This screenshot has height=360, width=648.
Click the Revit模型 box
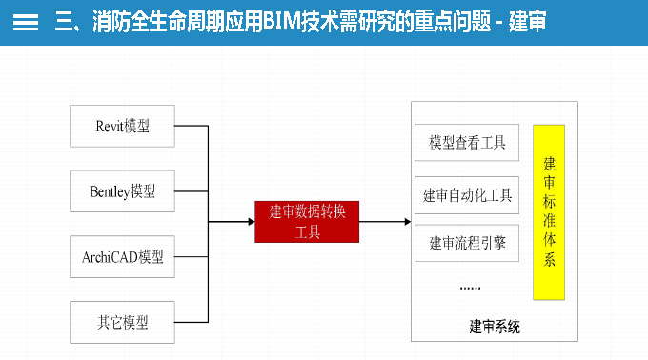point(123,126)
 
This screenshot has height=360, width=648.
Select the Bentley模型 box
point(123,191)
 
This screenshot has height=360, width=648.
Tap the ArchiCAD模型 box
point(123,257)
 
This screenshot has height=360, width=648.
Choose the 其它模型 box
point(123,322)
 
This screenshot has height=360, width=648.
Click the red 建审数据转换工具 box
point(308,222)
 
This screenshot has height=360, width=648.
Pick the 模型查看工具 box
point(467,143)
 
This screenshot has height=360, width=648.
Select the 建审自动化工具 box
point(467,195)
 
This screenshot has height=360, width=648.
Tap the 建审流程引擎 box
point(467,243)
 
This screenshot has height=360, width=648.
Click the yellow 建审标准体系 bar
point(549,211)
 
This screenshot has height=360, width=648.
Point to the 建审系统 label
point(495,327)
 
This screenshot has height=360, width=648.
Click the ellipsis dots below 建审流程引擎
point(470,286)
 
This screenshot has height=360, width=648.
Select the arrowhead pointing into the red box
point(250,222)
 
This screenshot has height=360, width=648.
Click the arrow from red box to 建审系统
point(386,222)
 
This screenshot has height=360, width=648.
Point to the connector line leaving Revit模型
point(191,126)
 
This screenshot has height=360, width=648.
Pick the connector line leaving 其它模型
point(191,322)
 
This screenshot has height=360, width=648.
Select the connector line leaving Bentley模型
point(191,191)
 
